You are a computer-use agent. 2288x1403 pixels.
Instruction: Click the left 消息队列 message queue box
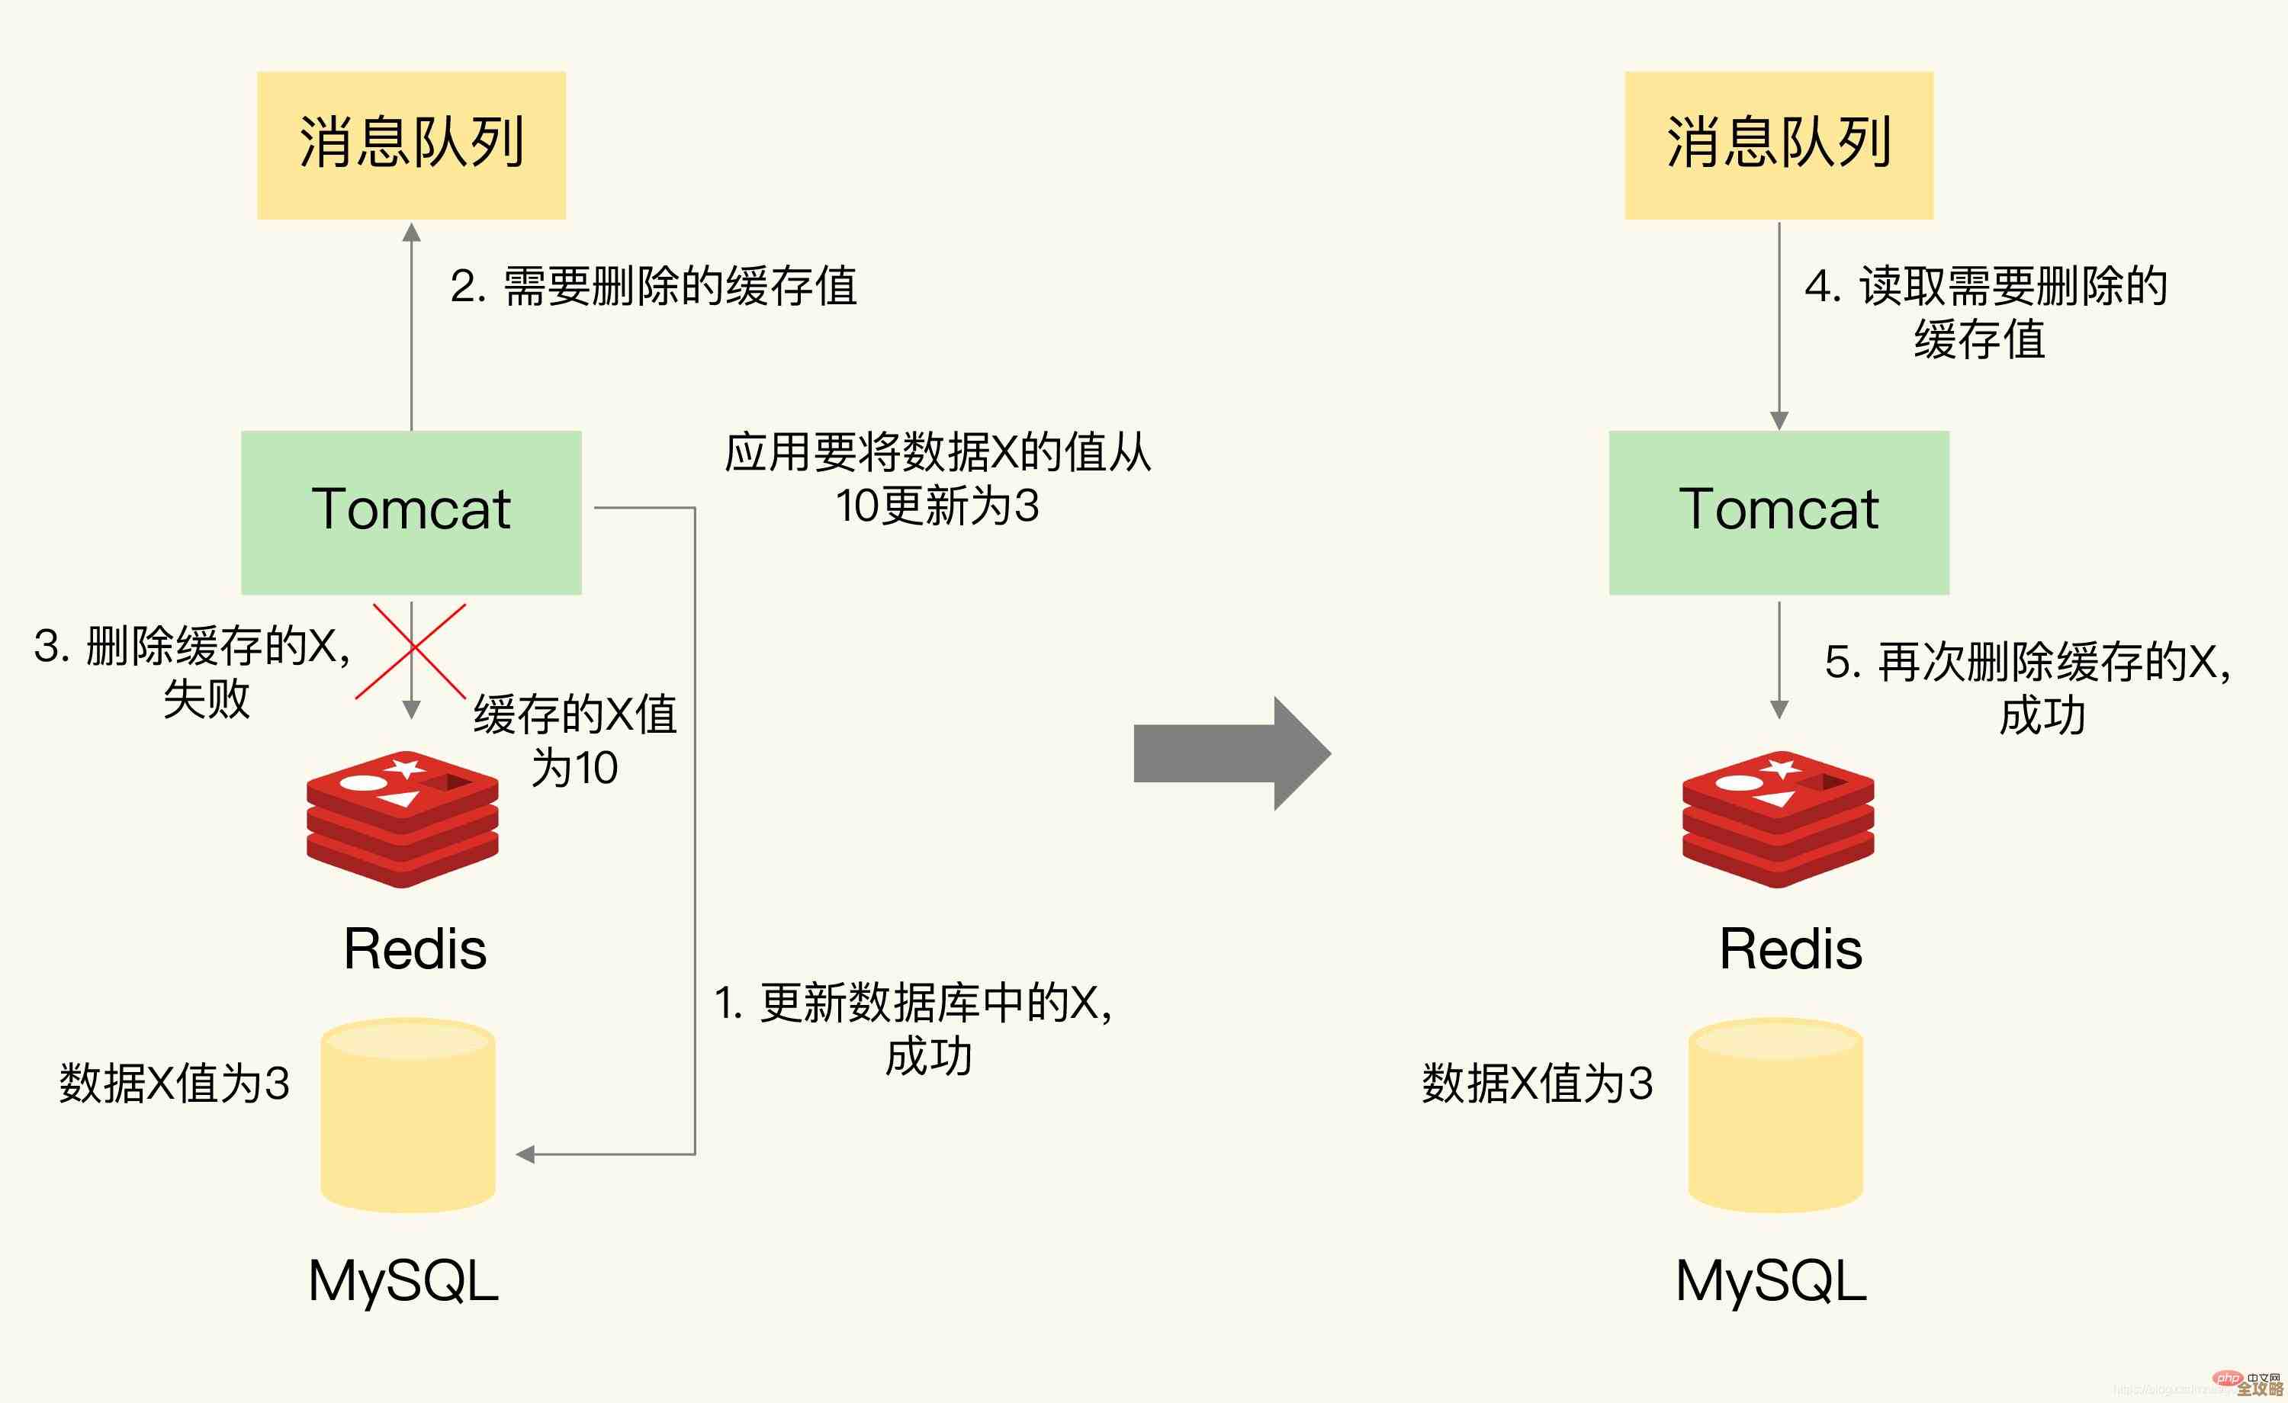point(411,145)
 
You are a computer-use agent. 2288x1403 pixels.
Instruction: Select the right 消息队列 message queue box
point(1779,145)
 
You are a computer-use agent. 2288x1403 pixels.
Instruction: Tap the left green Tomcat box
point(411,512)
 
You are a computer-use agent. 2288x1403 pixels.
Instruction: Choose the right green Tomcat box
point(1779,512)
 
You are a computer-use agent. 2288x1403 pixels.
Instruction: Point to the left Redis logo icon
point(403,819)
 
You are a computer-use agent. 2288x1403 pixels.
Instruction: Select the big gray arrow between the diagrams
point(1231,753)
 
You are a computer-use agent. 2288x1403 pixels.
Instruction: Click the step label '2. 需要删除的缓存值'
point(654,286)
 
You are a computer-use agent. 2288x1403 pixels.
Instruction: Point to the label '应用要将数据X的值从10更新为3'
point(938,479)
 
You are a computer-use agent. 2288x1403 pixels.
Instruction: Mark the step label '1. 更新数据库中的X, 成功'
point(914,1029)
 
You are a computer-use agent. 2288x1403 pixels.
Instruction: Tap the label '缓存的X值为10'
point(576,741)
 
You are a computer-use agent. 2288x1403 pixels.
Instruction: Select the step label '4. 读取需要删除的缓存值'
point(1985,312)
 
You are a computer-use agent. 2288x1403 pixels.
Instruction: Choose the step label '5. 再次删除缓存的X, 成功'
point(2028,688)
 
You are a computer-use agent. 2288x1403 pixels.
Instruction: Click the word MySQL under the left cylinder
point(403,1281)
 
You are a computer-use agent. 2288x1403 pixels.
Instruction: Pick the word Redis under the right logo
point(1790,949)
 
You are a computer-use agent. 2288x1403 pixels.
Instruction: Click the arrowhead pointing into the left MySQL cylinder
point(525,1154)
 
